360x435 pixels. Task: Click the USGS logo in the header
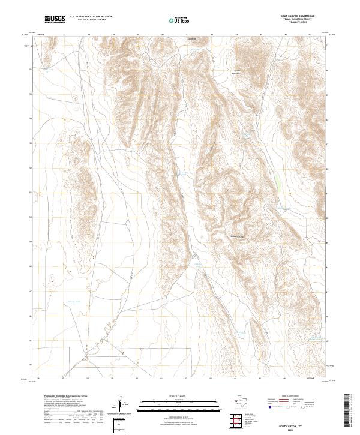55,20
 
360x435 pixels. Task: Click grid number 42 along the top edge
187,35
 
